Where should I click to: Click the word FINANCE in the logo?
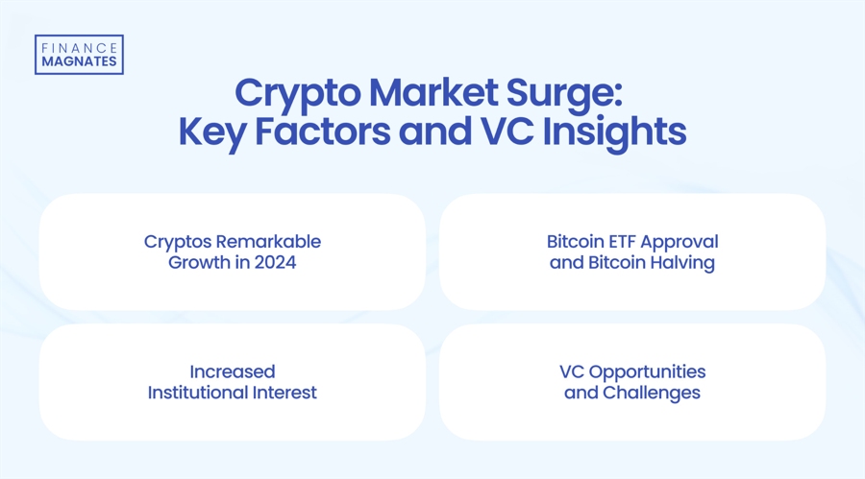[79, 47]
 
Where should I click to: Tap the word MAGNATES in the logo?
[79, 61]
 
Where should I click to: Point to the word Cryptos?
[176, 241]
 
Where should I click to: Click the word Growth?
[200, 261]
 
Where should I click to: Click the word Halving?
[681, 261]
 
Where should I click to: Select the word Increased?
[233, 371]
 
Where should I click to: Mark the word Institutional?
[201, 392]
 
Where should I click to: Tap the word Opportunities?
[648, 371]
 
